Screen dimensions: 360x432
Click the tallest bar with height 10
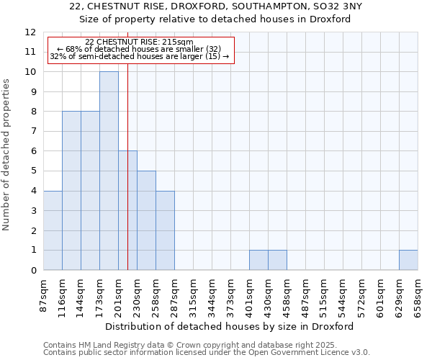click(109, 171)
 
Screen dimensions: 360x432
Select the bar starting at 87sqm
click(53, 230)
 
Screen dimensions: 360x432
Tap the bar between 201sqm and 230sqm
click(127, 210)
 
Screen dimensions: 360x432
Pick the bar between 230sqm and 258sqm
click(146, 220)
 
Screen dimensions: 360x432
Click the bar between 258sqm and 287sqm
click(165, 230)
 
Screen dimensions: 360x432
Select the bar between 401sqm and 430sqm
click(258, 260)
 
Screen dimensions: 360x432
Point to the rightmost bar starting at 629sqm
click(408, 260)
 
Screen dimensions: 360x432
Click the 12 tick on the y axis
click(30, 32)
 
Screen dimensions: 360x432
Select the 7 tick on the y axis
click(33, 132)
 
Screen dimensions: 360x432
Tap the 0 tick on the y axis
click(33, 271)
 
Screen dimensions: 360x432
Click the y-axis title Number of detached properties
click(6, 155)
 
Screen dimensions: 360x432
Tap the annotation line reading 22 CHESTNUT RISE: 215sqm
click(139, 42)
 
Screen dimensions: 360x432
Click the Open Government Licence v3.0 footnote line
click(207, 352)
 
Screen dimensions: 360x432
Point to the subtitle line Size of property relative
click(215, 19)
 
